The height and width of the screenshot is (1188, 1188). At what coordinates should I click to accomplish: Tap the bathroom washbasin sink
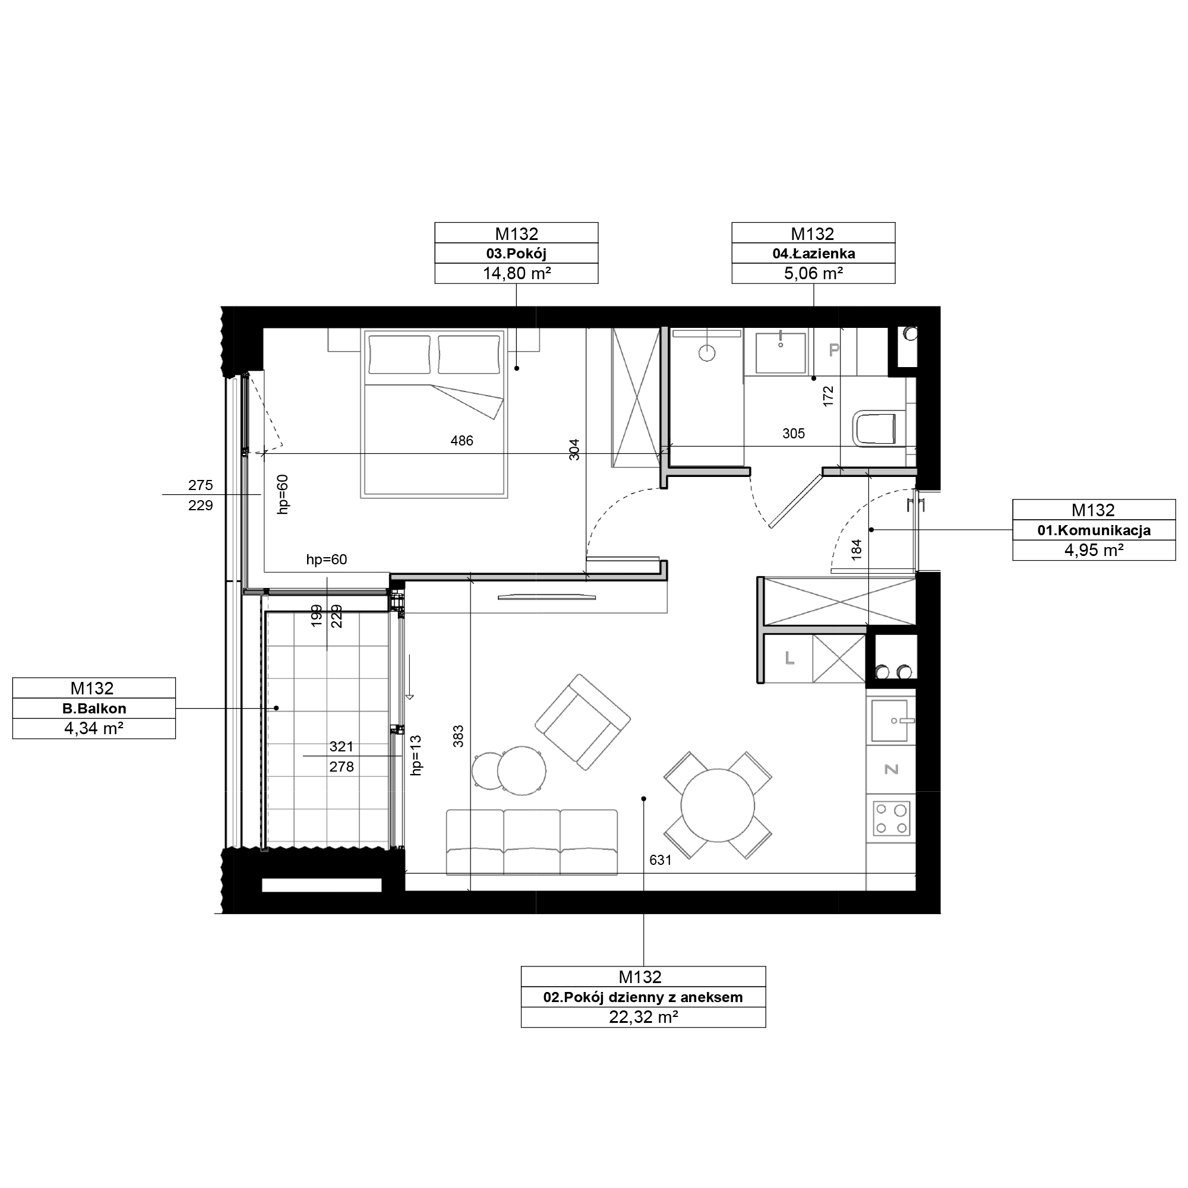(x=781, y=353)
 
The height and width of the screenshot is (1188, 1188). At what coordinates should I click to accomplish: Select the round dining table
(x=718, y=805)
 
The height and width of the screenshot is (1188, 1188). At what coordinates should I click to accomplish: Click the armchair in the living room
(x=582, y=722)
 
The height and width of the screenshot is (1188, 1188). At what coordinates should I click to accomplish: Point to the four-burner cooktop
(x=892, y=819)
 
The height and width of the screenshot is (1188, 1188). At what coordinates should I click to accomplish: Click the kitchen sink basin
(x=890, y=721)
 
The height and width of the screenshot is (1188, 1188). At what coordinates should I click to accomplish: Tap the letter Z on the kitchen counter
(x=891, y=769)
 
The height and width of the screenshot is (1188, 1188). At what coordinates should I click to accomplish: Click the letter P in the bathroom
(x=834, y=350)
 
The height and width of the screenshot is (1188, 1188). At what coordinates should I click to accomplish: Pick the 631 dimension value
(x=661, y=860)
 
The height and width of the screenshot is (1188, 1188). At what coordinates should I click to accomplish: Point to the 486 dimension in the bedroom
(x=462, y=440)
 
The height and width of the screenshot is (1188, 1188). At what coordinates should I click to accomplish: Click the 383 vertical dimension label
(x=458, y=737)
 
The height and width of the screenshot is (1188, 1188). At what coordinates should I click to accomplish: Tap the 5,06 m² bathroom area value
(x=813, y=274)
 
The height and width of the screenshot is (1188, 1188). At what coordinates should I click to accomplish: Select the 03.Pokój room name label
(x=516, y=254)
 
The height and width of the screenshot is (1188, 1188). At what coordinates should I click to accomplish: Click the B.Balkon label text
(x=94, y=709)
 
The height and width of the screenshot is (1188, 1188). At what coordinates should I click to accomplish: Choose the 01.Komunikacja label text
(x=1094, y=530)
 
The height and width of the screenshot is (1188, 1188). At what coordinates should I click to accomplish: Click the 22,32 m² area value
(x=643, y=1017)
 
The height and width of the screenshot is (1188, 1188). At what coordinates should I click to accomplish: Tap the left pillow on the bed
(x=399, y=354)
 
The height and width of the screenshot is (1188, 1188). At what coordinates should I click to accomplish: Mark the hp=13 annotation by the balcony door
(x=417, y=756)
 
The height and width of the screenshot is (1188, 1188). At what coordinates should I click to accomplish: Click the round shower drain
(x=707, y=353)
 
